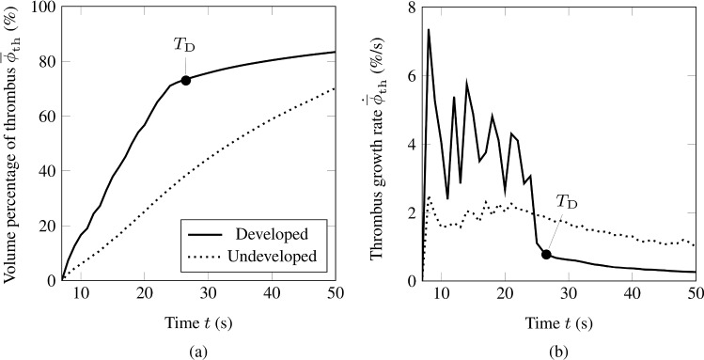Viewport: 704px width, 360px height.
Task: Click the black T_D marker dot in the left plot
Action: tap(186, 80)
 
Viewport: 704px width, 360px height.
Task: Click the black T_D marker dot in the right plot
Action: tap(546, 255)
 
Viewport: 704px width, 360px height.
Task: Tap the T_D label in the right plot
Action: tap(568, 200)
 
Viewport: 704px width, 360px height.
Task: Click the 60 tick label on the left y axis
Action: tap(43, 117)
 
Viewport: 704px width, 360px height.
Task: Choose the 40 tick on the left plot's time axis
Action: tap(271, 294)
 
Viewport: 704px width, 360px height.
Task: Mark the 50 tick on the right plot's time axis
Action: tap(694, 294)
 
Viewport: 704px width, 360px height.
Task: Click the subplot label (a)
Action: tap(197, 349)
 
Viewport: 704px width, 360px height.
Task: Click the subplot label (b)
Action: tap(558, 349)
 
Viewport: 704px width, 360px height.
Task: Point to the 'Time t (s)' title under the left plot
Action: tap(197, 322)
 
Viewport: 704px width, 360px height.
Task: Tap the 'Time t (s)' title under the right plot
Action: tap(558, 322)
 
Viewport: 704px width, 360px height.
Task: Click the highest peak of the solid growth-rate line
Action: tap(429, 30)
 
